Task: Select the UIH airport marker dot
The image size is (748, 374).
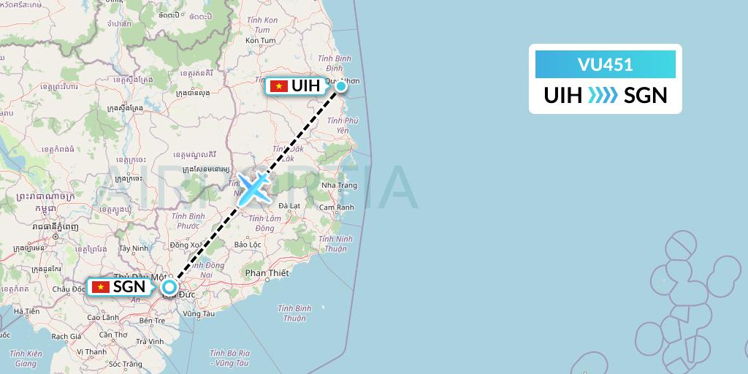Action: pos(341,87)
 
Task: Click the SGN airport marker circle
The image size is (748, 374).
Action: pos(169,287)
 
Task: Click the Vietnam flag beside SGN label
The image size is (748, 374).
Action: pos(100,287)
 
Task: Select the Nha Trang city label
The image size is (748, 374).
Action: pos(338,186)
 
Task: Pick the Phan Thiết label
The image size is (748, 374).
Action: pos(267,272)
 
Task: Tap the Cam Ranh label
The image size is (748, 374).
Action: pos(337,207)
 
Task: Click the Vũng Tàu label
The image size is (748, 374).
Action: pos(199,313)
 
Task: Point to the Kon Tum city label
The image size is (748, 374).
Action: pos(261,40)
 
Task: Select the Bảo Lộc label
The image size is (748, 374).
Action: pos(248,244)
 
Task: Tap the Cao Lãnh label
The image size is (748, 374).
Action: pos(102,318)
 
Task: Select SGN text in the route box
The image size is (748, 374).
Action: pos(646,96)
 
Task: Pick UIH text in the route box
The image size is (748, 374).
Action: pos(563,96)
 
